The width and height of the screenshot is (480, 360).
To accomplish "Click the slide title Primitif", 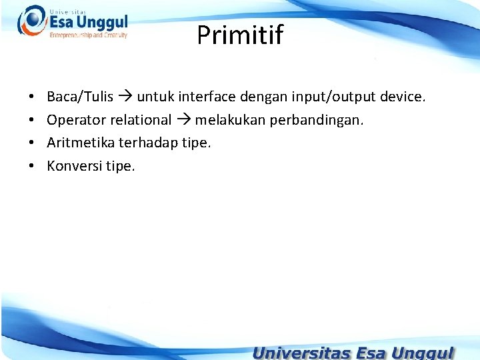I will pos(239,35).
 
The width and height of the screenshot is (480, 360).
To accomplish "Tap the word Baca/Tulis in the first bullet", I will pos(80,97).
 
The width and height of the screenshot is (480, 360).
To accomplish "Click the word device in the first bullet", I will pos(402,97).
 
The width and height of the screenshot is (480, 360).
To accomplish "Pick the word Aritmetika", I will pos(81,143).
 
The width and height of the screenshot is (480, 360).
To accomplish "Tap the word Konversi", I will pos(74,165).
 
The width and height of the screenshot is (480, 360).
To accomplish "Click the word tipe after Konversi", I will pos(120,166).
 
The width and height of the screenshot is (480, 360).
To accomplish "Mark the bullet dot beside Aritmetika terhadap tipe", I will pos(32,143).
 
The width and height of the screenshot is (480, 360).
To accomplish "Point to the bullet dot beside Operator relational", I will pos(32,121).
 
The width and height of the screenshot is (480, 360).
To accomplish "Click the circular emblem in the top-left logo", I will pos(31,20).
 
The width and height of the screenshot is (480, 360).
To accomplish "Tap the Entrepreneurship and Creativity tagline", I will pos(88,35).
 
